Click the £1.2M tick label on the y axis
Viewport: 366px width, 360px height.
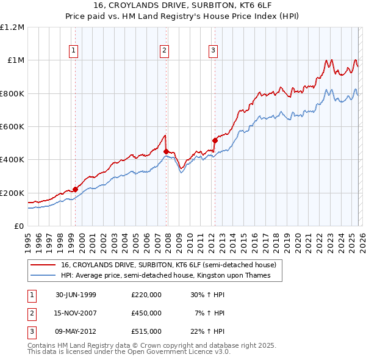(12, 27)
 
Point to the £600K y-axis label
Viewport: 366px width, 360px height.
(12, 127)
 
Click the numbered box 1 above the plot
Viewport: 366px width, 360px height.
(73, 51)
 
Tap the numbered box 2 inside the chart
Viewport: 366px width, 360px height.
(165, 51)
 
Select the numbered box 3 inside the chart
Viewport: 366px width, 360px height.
(213, 51)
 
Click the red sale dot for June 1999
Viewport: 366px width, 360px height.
(76, 189)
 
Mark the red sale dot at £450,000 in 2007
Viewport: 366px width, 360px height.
(166, 151)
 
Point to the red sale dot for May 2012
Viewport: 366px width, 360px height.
(215, 140)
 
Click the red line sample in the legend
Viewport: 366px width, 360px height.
(42, 265)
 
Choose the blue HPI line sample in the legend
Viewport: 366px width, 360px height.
(42, 276)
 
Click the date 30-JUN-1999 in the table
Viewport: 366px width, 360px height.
(76, 295)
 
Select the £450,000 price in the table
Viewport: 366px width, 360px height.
(146, 313)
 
